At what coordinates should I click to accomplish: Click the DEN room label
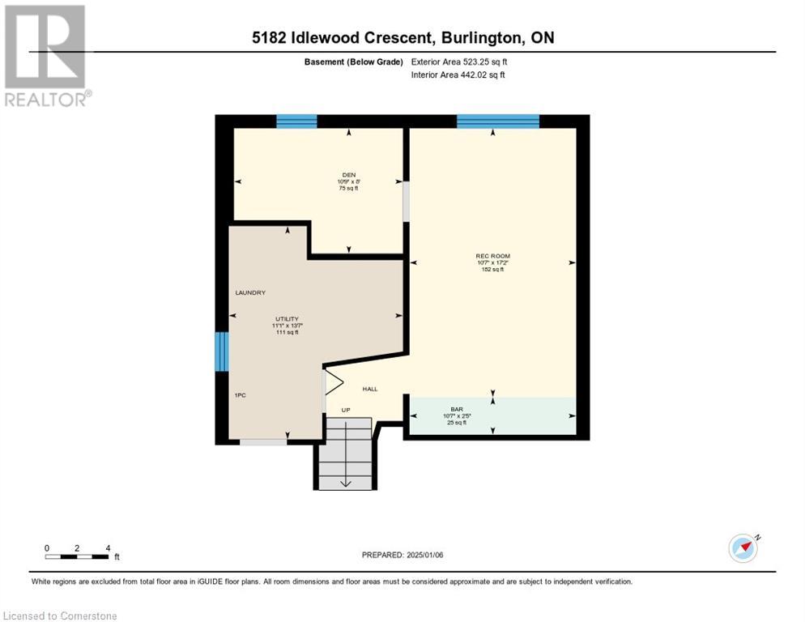pyautogui.click(x=348, y=174)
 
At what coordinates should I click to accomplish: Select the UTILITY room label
pyautogui.click(x=287, y=318)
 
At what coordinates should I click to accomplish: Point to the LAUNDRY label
pyautogui.click(x=250, y=292)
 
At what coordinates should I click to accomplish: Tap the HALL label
pyautogui.click(x=370, y=389)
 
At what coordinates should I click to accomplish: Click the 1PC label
pyautogui.click(x=240, y=394)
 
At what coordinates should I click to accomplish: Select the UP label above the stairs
pyautogui.click(x=346, y=410)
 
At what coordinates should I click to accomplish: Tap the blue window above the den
pyautogui.click(x=296, y=121)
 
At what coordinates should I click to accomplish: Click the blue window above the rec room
pyautogui.click(x=497, y=121)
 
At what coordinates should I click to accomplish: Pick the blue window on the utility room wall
pyautogui.click(x=221, y=351)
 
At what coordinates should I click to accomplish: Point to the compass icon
pyautogui.click(x=743, y=547)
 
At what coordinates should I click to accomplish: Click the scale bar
pyautogui.click(x=77, y=556)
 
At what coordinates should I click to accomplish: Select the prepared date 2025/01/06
pyautogui.click(x=402, y=555)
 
